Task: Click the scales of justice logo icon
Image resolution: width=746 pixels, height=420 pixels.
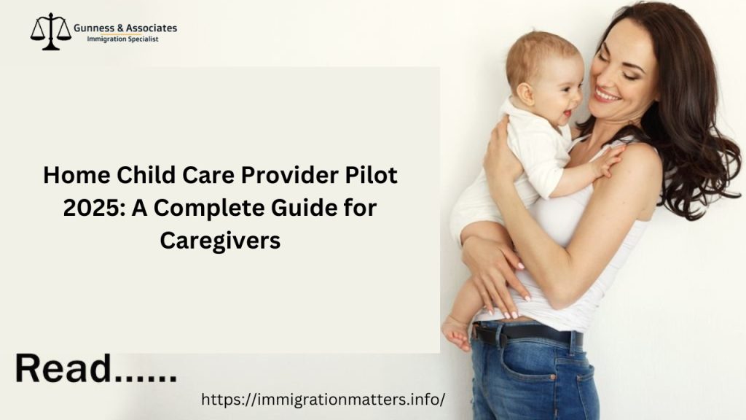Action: coord(50,31)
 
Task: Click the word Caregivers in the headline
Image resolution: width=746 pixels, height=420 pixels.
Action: coord(220,240)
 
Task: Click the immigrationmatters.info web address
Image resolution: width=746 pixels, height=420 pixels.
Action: coord(322,400)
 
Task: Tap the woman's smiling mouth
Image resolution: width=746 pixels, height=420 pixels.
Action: coord(607,95)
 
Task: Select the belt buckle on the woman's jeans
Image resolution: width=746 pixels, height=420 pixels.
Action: coord(481,335)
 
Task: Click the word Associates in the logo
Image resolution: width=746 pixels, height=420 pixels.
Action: coord(152,28)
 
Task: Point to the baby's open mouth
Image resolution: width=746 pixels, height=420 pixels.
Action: coord(565,113)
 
